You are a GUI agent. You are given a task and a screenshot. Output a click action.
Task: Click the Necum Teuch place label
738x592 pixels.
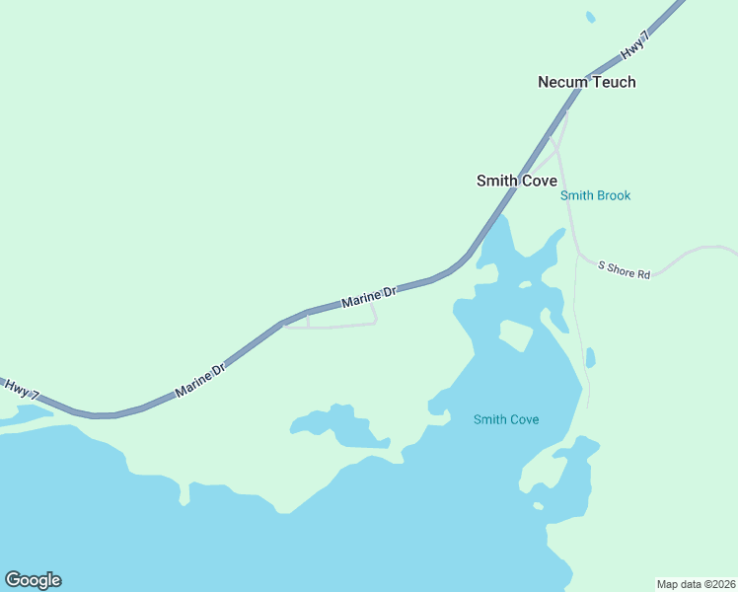click(586, 82)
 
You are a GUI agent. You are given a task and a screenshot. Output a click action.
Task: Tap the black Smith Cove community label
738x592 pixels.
click(516, 181)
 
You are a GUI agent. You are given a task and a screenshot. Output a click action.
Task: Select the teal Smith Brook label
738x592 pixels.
click(595, 195)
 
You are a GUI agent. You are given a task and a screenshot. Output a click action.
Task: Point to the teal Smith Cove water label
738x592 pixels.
click(506, 419)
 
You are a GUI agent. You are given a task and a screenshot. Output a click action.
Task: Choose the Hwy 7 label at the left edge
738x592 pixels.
click(22, 388)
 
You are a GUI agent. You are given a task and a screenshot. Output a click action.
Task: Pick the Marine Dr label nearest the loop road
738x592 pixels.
click(368, 295)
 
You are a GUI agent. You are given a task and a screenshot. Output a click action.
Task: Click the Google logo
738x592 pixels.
click(33, 580)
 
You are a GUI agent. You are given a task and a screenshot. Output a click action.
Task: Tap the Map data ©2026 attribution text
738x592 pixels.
click(696, 583)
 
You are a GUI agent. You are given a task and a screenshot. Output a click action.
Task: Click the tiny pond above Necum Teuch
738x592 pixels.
click(591, 17)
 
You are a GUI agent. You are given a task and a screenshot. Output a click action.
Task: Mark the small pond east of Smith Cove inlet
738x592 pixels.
click(590, 357)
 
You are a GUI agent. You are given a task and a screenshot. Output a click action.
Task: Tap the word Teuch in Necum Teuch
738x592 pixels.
click(614, 82)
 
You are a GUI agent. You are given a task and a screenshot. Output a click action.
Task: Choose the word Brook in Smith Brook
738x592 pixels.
click(613, 195)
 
